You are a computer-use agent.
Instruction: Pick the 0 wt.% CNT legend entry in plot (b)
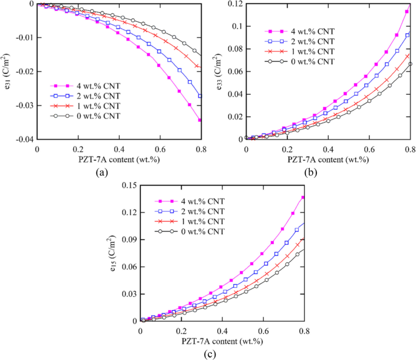(298, 61)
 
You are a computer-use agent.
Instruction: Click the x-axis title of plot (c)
(222, 342)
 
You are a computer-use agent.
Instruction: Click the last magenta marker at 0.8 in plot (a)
(200, 120)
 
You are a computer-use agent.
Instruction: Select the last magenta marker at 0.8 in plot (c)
(303, 197)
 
